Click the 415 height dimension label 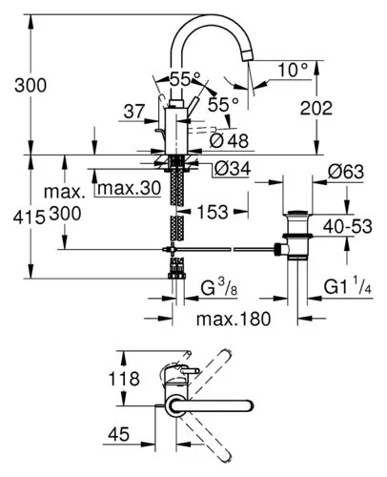pyautogui.click(x=29, y=218)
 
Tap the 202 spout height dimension pyautogui.click(x=316, y=108)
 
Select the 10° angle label pyautogui.click(x=293, y=70)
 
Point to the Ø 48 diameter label pyautogui.click(x=229, y=140)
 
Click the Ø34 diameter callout pyautogui.click(x=233, y=169)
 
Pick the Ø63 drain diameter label pyautogui.click(x=346, y=172)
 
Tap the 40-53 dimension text pyautogui.click(x=347, y=226)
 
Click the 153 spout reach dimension pyautogui.click(x=213, y=212)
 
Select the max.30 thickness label pyautogui.click(x=130, y=188)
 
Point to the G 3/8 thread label pyautogui.click(x=219, y=288)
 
